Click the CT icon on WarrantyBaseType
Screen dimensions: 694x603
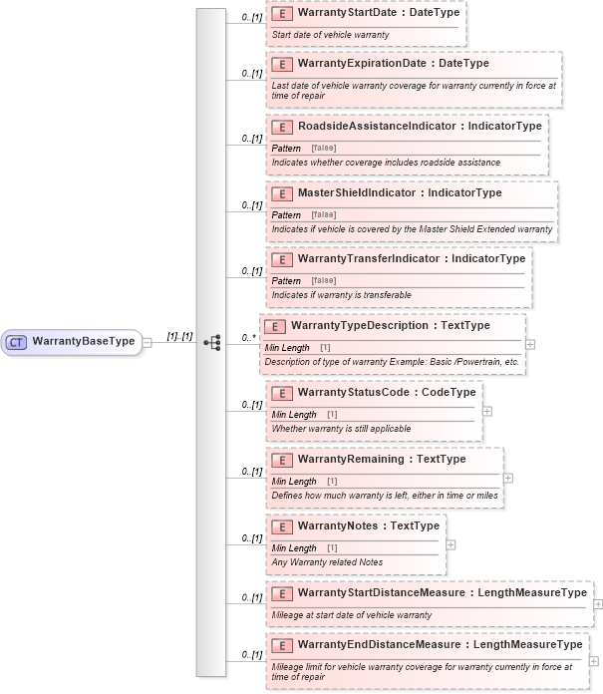pos(17,341)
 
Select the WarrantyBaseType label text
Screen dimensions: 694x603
pos(83,341)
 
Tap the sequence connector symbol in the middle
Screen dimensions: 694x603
pos(211,341)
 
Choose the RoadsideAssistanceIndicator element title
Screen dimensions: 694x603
pos(378,127)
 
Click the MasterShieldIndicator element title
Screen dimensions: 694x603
pos(359,192)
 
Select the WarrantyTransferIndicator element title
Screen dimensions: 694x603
pos(369,258)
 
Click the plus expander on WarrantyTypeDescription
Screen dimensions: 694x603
pos(530,343)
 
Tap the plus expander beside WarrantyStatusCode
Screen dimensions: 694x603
pos(486,410)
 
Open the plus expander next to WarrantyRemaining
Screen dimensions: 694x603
pos(508,477)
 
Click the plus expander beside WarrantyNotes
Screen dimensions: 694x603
pos(451,544)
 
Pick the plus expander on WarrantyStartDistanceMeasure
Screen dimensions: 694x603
pos(597,603)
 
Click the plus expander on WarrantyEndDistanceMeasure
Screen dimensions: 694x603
pos(594,660)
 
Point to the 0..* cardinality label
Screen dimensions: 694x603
pos(249,338)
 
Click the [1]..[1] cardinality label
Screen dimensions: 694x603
pos(179,337)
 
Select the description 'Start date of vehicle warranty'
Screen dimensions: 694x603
pos(330,35)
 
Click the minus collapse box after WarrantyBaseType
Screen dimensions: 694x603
pos(147,341)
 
